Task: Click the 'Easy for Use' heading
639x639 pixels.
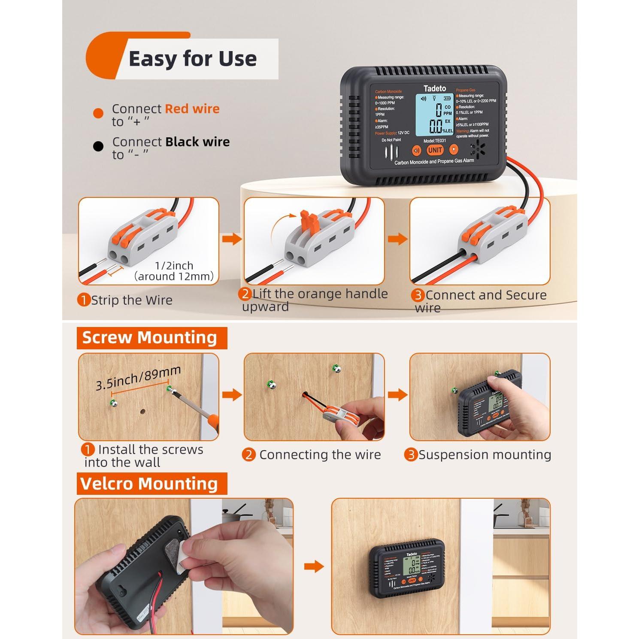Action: click(x=192, y=59)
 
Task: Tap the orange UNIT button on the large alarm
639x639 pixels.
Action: click(x=435, y=150)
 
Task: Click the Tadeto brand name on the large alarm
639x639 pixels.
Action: click(x=434, y=88)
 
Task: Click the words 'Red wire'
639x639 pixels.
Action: click(x=192, y=109)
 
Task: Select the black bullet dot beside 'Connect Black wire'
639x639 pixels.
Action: click(x=98, y=147)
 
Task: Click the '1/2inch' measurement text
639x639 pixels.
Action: click(x=174, y=266)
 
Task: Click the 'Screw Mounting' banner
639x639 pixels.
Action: click(x=150, y=338)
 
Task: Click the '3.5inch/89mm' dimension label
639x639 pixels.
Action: click(x=138, y=378)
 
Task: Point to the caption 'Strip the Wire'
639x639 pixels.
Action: click(x=131, y=300)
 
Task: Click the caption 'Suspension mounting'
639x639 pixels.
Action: click(x=485, y=455)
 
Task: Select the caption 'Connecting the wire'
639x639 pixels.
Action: click(x=320, y=455)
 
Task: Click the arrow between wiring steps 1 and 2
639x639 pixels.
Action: click(x=232, y=239)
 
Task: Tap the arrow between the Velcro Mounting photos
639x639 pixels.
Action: click(x=314, y=566)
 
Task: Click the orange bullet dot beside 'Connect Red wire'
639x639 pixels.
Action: click(x=98, y=114)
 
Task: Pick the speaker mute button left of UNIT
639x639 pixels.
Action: click(x=416, y=151)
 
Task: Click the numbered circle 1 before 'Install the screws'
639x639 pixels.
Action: click(x=88, y=450)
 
